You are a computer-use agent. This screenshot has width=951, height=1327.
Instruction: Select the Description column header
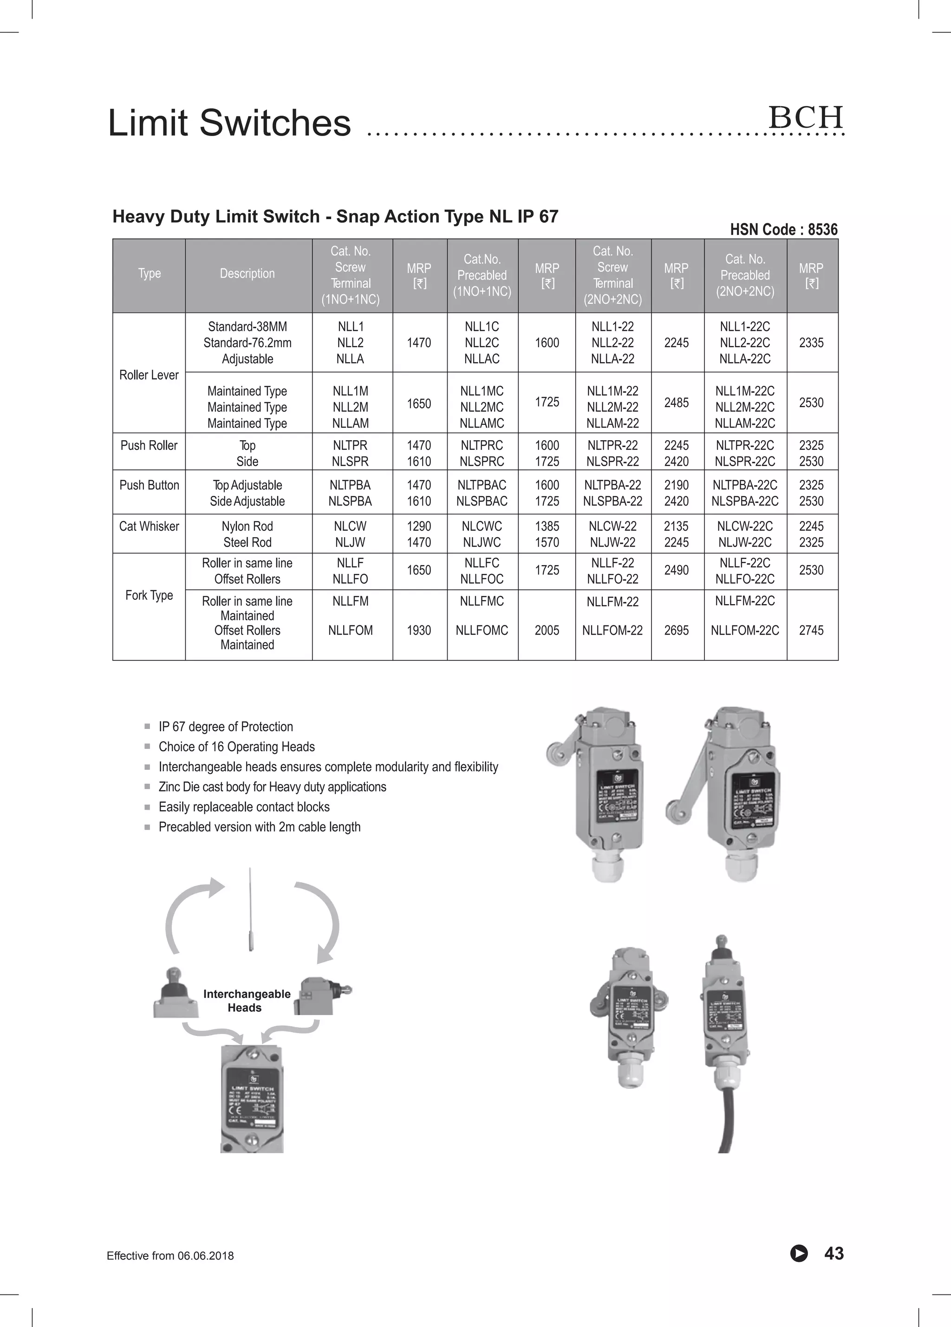coord(247,273)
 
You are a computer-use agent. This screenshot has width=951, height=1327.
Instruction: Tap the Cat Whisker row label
coord(149,526)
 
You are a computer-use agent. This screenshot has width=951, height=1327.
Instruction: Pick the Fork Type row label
coord(149,595)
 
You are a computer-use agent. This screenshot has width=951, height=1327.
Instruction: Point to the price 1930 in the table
coord(418,630)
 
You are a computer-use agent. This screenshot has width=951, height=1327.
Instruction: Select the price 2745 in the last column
coord(811,630)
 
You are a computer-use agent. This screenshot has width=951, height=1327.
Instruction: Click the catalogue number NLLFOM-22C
coord(744,630)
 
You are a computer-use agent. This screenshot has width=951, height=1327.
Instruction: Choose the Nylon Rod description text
coord(247,526)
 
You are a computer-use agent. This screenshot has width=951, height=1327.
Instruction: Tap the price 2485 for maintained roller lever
coord(676,403)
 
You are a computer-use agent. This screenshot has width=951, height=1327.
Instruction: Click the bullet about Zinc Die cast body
coord(272,787)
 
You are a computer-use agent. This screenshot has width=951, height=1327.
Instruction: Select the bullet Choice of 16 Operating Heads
coord(236,747)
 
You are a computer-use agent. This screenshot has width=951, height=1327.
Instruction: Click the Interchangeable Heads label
coord(247,1001)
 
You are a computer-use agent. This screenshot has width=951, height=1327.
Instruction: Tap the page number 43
coord(834,1253)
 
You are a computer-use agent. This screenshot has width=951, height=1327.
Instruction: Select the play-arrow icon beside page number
coord(798,1253)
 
